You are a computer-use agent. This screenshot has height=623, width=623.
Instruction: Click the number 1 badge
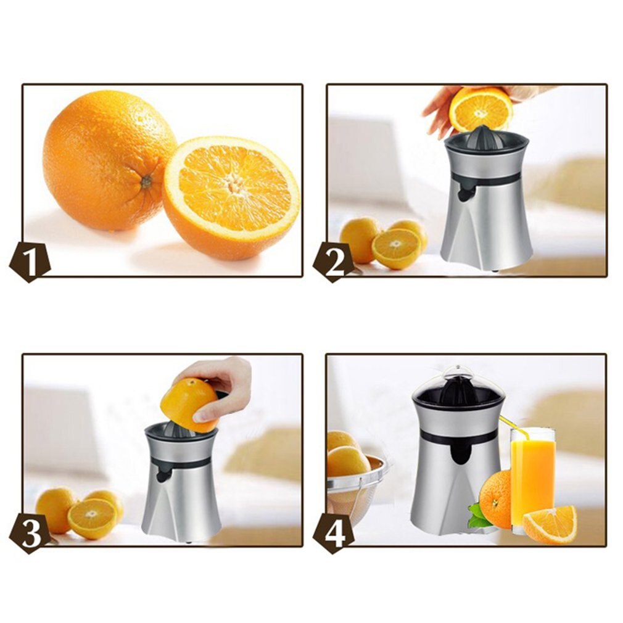click(30, 261)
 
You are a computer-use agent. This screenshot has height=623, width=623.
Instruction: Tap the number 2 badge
click(334, 261)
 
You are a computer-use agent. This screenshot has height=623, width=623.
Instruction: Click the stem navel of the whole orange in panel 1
click(146, 181)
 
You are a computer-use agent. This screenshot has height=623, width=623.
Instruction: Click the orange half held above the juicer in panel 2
click(481, 110)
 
